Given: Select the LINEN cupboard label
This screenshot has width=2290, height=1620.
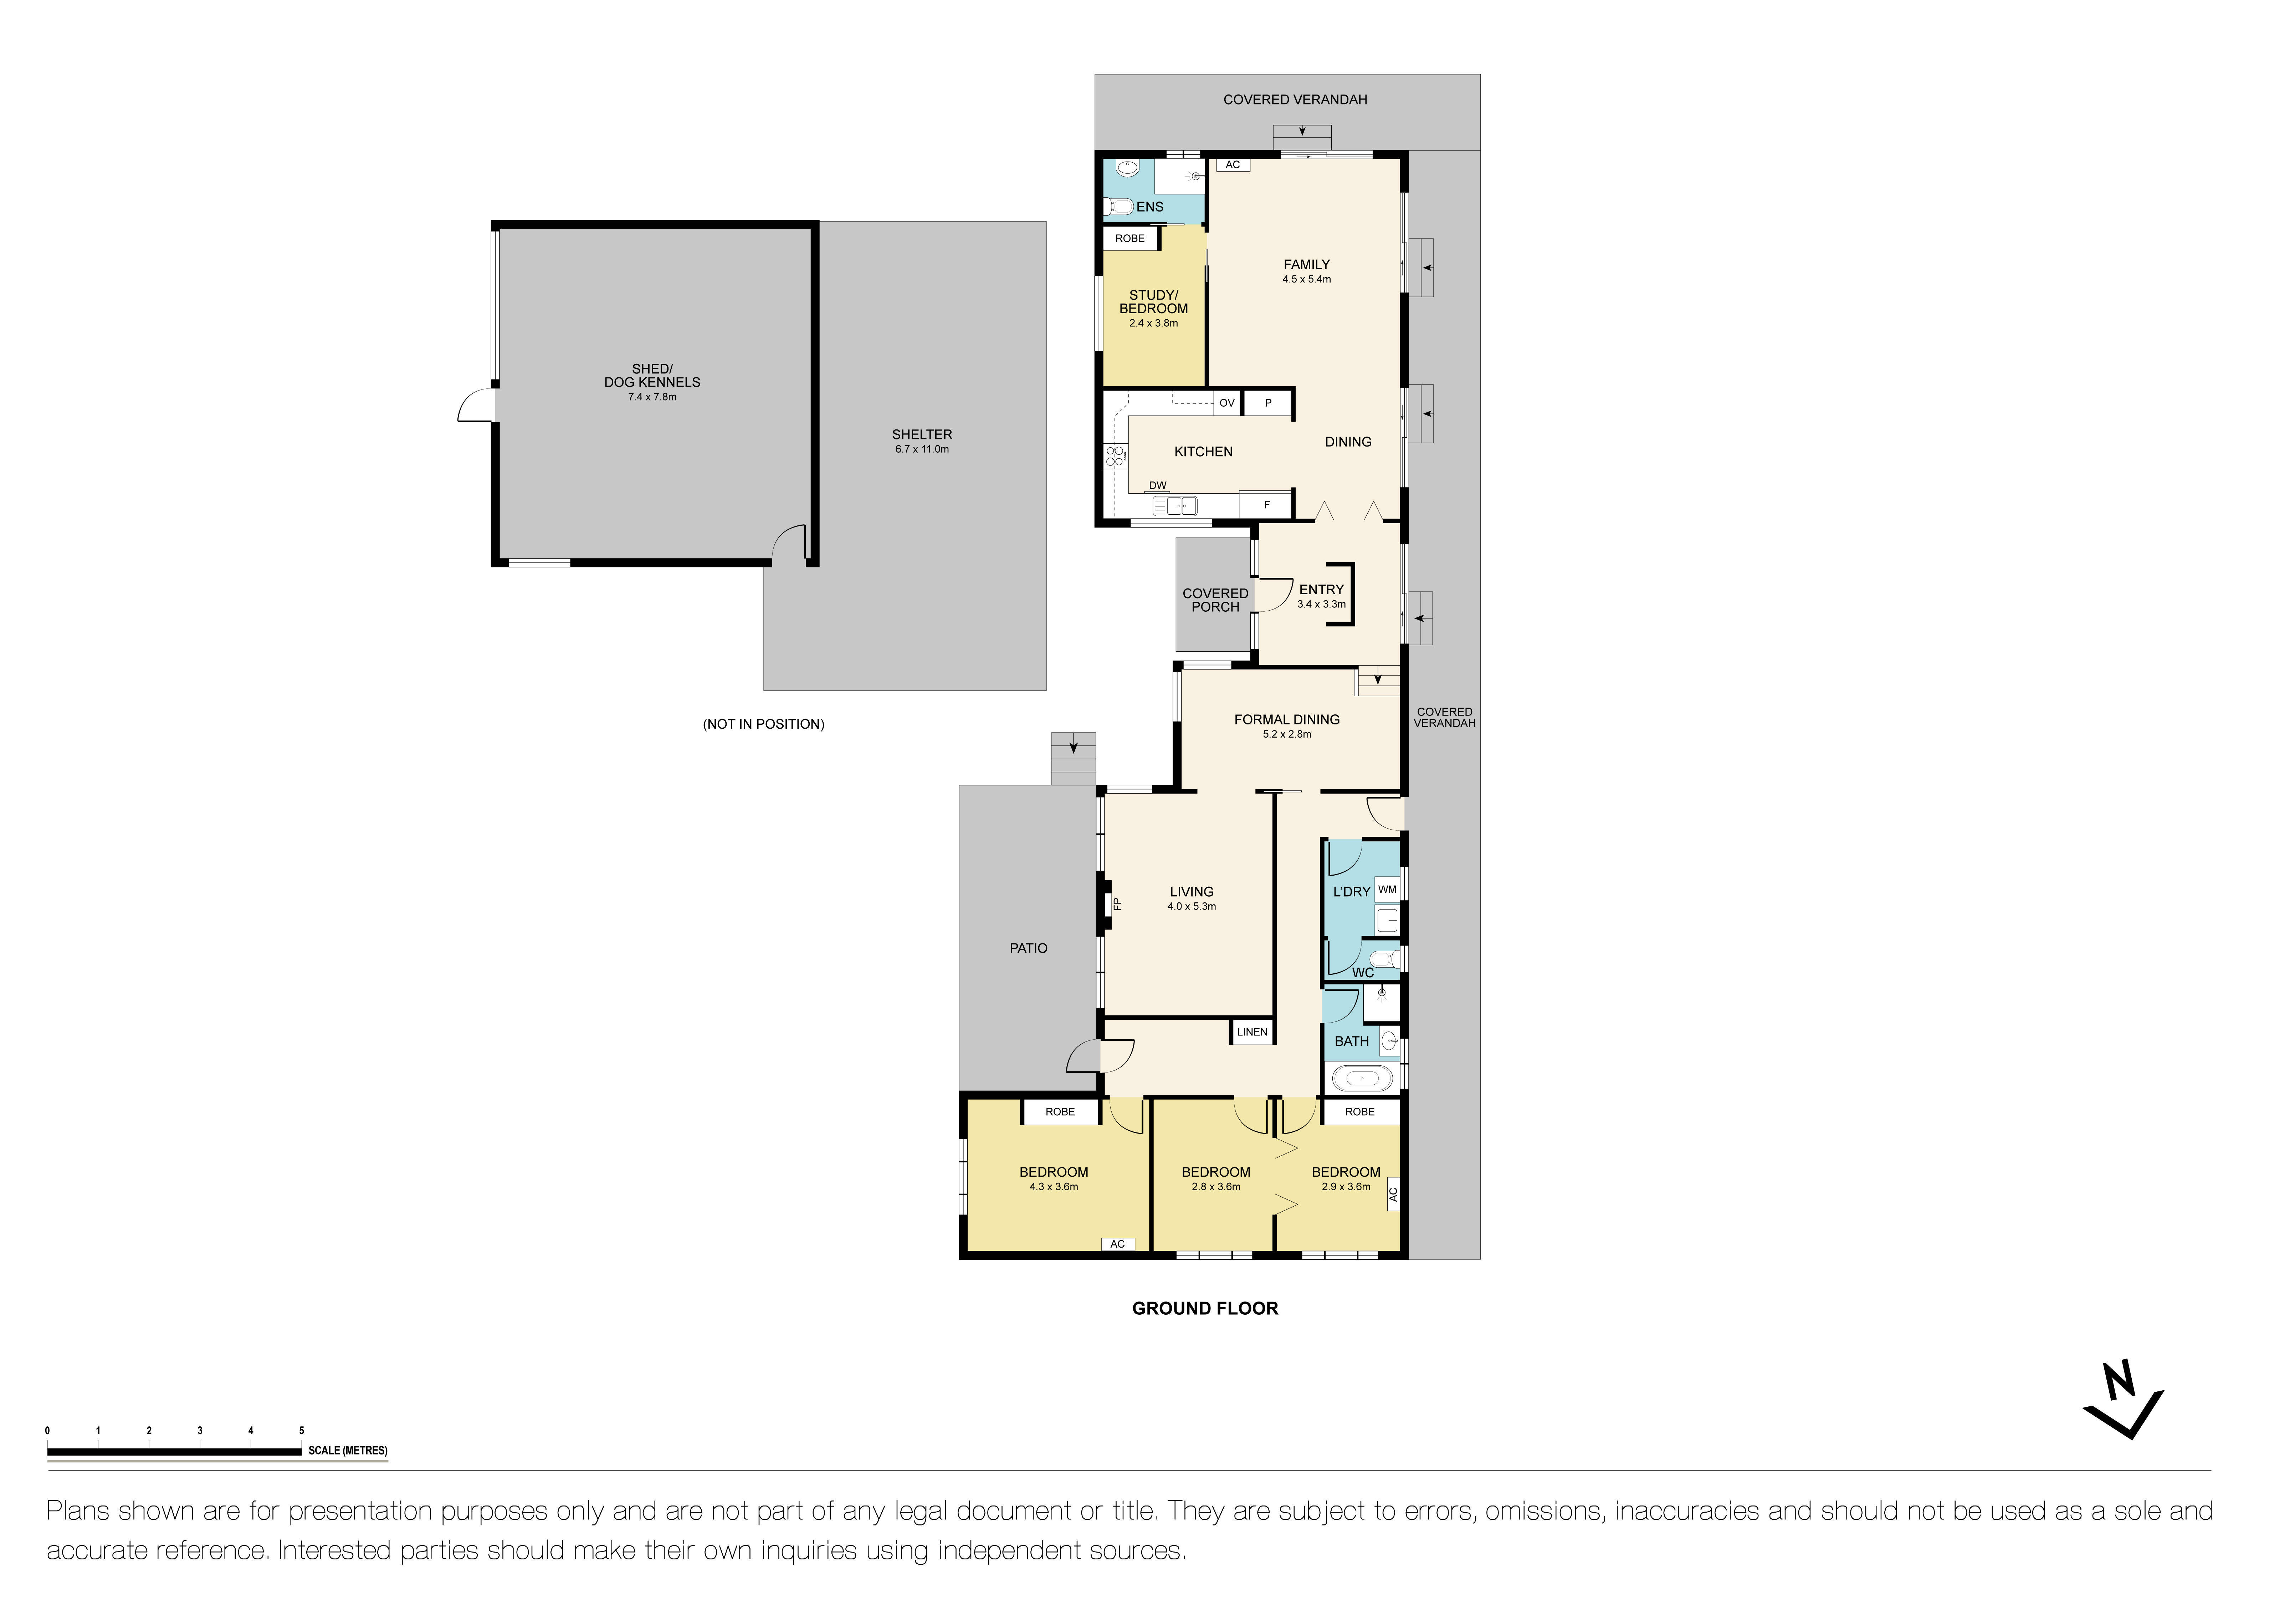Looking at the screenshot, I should [x=1252, y=1033].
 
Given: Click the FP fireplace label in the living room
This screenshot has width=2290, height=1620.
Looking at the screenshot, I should [x=1117, y=904].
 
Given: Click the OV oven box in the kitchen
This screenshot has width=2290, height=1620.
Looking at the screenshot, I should [x=1227, y=403].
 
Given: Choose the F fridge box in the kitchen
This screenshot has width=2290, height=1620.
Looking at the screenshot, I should [x=1267, y=505].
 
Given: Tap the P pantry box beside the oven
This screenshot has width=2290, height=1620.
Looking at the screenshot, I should [x=1268, y=403].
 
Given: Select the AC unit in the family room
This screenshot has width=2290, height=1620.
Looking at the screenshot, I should [x=1233, y=164].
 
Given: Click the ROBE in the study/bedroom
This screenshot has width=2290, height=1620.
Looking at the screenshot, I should [x=1130, y=238].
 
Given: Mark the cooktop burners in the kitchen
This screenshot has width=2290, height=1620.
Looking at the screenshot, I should [x=1115, y=457].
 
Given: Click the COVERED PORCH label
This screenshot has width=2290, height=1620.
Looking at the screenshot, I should [x=1215, y=600].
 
